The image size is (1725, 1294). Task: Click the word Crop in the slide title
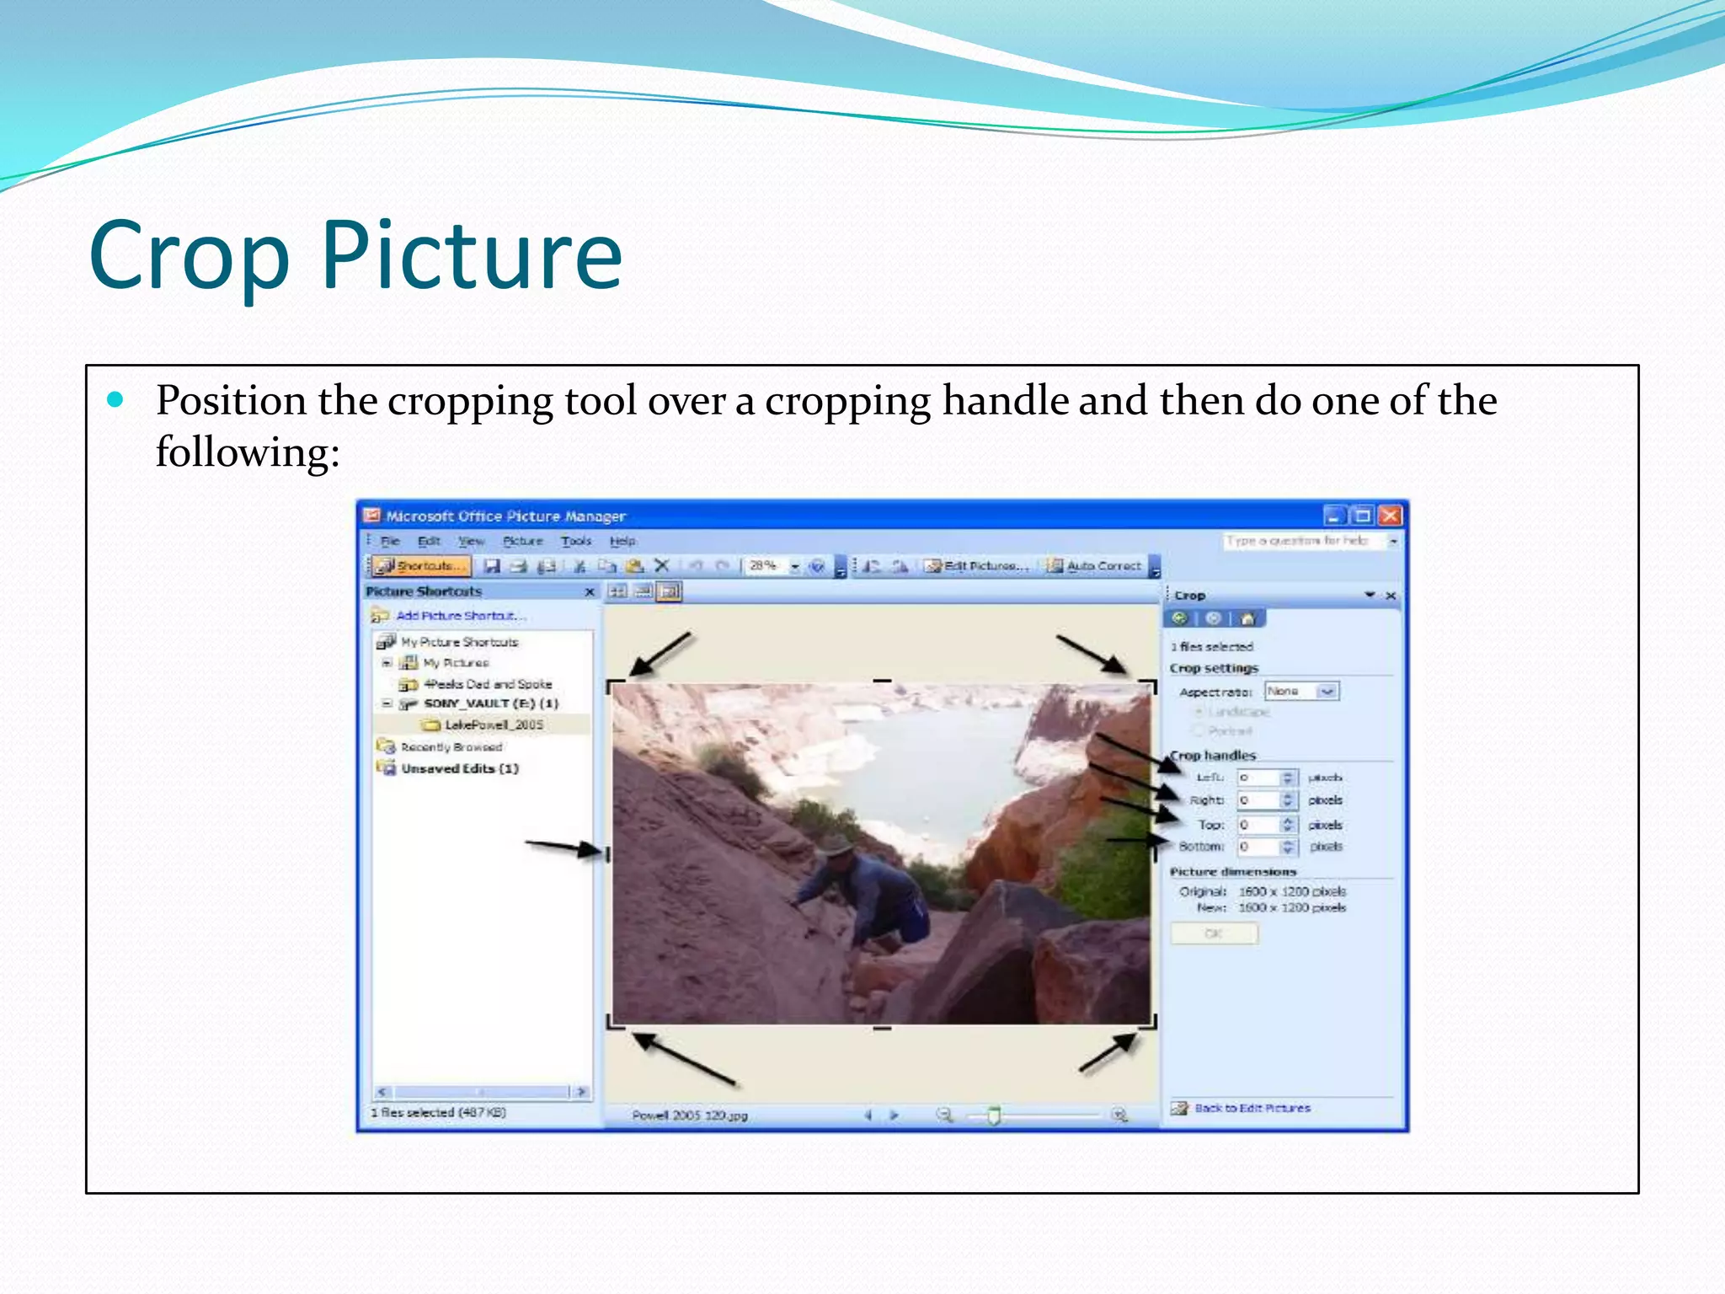pos(190,255)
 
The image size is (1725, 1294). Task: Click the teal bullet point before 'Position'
pos(115,399)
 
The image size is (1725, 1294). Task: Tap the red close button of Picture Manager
pos(1390,515)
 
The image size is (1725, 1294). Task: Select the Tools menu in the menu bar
pos(576,541)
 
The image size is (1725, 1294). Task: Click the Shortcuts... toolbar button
pos(421,566)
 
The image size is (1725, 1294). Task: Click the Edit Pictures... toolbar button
pos(977,566)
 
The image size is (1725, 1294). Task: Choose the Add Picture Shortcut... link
pos(460,616)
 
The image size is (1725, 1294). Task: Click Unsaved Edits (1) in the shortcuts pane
pos(459,768)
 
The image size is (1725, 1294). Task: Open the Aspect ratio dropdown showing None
pos(1301,691)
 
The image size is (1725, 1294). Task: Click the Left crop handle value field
pos(1258,778)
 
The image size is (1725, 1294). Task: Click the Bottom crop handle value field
pos(1258,847)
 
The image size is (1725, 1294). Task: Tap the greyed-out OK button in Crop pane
pos(1214,933)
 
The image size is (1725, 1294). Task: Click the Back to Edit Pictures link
pos(1252,1108)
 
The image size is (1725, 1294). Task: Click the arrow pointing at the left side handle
pos(560,847)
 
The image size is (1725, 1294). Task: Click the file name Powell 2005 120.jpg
pos(689,1115)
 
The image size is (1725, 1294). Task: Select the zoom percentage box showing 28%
pos(764,566)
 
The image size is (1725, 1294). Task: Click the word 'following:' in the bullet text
pos(248,452)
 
